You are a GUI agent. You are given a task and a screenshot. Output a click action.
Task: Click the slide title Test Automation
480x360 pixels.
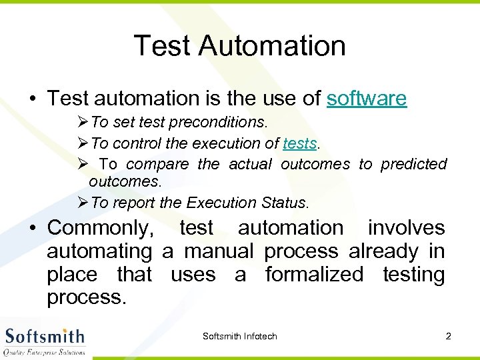[x=240, y=46]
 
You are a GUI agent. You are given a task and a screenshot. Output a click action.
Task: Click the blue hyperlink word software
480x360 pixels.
[x=366, y=99]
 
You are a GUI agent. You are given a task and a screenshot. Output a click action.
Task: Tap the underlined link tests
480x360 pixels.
[x=299, y=143]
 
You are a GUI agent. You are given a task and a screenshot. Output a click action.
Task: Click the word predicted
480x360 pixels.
[x=413, y=164]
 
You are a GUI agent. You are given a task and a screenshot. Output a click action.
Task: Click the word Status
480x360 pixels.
[x=284, y=203]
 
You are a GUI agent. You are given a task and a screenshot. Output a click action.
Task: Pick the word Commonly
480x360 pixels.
[x=100, y=228]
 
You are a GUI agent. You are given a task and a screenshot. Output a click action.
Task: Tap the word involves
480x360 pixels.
[x=406, y=228]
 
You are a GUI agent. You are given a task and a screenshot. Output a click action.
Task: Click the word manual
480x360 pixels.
[x=219, y=251]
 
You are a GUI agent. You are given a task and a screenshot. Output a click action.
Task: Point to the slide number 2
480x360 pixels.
[x=448, y=336]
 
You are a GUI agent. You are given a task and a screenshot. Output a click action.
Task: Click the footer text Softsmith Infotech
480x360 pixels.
[x=239, y=336]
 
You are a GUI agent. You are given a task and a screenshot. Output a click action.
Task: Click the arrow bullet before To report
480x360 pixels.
[x=83, y=203]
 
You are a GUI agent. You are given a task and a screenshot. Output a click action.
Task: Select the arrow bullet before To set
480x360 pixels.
[x=83, y=123]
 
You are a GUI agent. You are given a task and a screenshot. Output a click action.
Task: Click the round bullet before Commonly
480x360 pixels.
[x=33, y=229]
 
